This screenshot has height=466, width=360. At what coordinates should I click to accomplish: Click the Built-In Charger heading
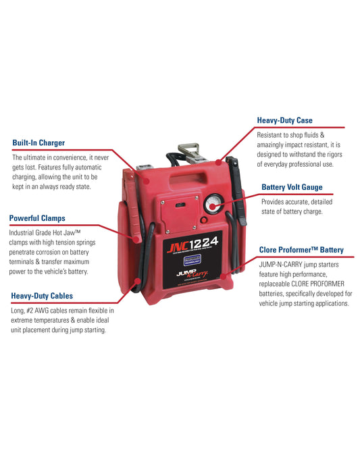pos(38,143)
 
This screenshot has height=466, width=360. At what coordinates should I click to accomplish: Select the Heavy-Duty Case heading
pos(284,120)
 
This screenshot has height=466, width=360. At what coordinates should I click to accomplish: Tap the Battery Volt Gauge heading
pos(292,187)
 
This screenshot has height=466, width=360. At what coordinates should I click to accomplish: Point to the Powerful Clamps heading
pos(37,218)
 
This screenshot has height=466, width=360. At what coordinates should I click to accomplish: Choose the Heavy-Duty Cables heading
pos(42,296)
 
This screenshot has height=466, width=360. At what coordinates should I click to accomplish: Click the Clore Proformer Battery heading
pos(301,250)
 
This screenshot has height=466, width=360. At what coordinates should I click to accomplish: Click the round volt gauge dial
pos(213,204)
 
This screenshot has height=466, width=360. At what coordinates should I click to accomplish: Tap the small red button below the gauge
pos(203,220)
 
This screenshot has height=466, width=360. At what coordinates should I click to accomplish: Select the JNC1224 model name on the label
pos(192,244)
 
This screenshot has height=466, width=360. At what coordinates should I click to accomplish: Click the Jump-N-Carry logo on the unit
pos(192,273)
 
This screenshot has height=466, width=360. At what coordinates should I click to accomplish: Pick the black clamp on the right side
pos(237,190)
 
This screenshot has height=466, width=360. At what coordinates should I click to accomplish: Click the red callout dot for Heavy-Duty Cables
pos(137,281)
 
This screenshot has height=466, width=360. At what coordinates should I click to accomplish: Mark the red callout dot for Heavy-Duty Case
pos(218,162)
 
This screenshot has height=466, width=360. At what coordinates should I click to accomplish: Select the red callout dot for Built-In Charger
pos(147,181)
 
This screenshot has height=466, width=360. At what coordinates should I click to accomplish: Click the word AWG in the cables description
pos(43,311)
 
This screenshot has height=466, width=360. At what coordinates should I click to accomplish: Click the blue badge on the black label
pos(192,260)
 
